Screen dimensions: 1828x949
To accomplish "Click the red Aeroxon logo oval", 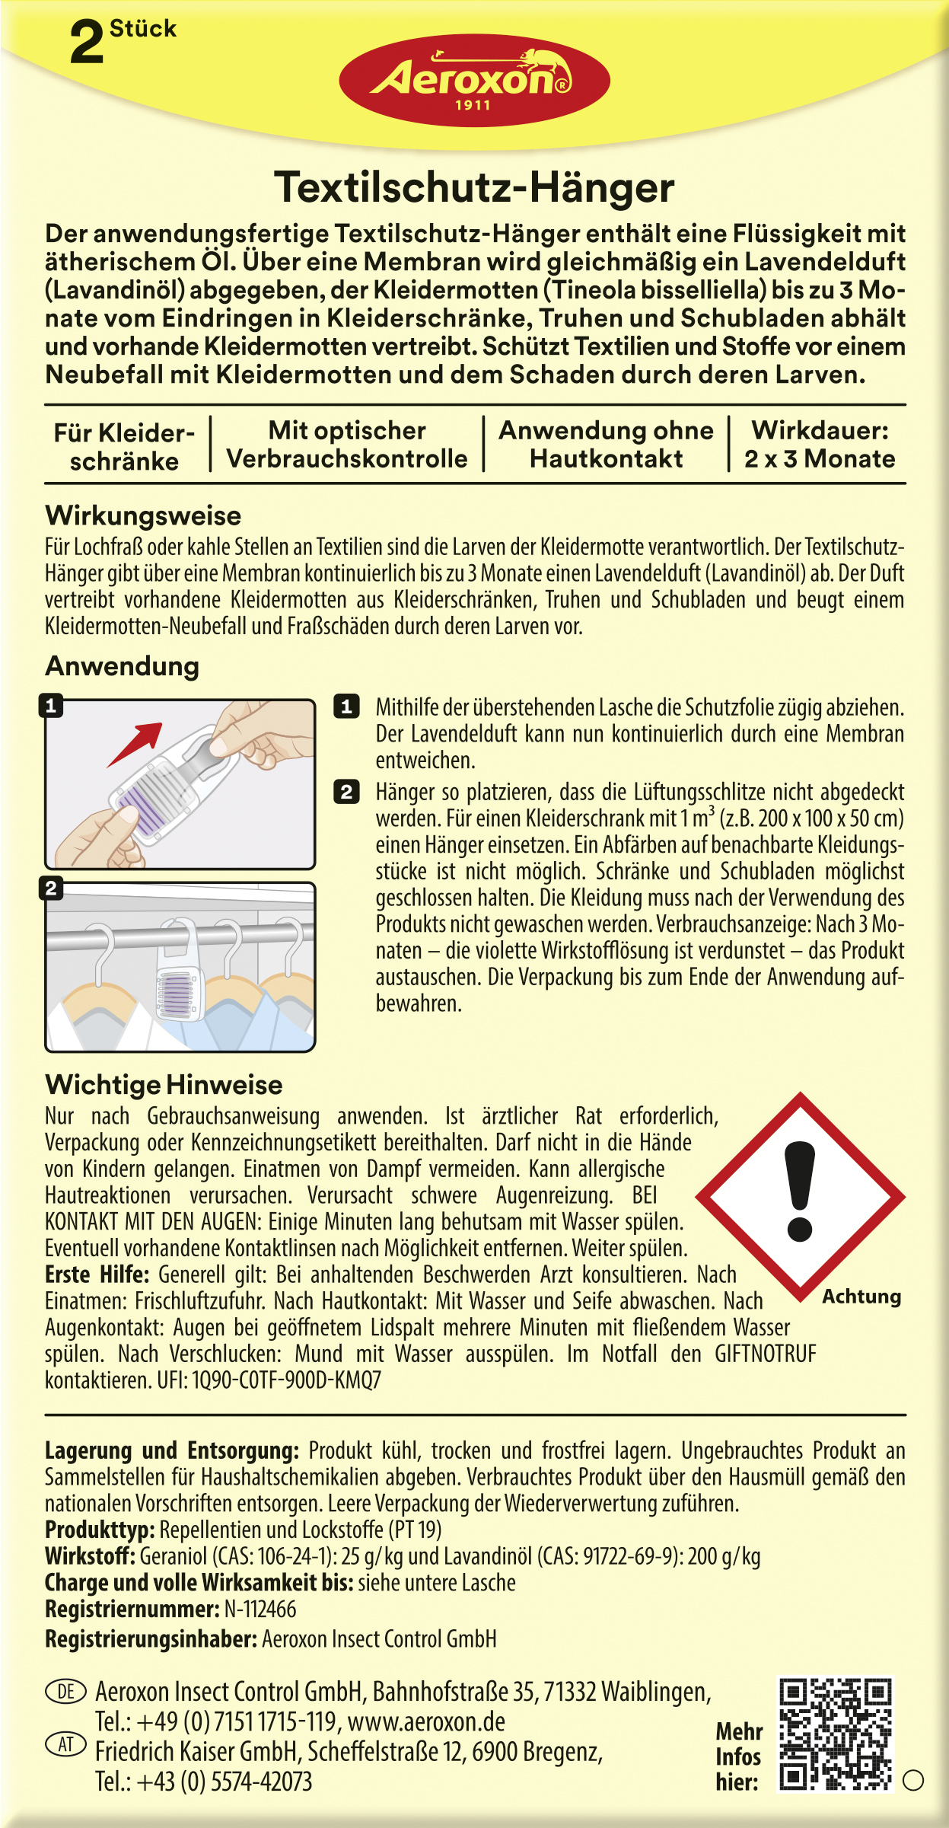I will pyautogui.click(x=473, y=81).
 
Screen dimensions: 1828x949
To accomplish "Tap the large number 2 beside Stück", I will pyautogui.click(x=86, y=43).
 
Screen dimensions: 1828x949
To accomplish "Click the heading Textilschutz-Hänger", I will pyautogui.click(x=474, y=187).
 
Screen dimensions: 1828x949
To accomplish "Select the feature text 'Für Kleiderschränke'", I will pyautogui.click(x=124, y=447).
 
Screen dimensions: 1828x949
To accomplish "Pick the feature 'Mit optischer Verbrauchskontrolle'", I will pyautogui.click(x=347, y=445).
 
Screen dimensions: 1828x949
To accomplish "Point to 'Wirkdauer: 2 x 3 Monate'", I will pyautogui.click(x=820, y=445).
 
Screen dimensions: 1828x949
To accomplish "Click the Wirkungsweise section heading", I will pyautogui.click(x=143, y=515).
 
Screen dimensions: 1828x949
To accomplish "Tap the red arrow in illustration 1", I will pyautogui.click(x=136, y=742).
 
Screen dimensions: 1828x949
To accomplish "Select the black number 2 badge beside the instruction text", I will pyautogui.click(x=346, y=792).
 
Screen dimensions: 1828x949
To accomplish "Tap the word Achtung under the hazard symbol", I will pyautogui.click(x=861, y=1297).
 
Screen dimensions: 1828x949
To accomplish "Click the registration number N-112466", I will pyautogui.click(x=260, y=1609).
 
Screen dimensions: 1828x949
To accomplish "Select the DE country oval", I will pyautogui.click(x=66, y=1692).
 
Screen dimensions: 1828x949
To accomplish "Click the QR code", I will pyautogui.click(x=835, y=1734).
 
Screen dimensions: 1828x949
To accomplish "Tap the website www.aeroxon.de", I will pyautogui.click(x=426, y=1722).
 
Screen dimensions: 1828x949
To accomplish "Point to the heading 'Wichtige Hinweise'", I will pyautogui.click(x=164, y=1085).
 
